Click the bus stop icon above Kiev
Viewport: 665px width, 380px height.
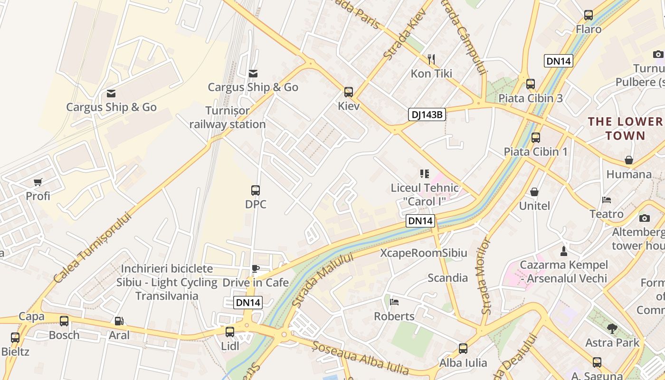(349, 92)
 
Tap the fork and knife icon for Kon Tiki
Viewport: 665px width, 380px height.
(431, 59)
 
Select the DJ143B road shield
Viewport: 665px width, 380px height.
(427, 114)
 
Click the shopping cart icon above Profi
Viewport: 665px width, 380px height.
(38, 182)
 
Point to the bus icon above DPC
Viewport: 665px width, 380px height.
(256, 190)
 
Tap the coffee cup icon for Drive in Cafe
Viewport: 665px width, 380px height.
(256, 269)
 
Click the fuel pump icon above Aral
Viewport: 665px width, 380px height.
(119, 322)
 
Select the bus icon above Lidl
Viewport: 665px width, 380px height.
(230, 332)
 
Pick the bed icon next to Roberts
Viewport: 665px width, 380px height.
(394, 302)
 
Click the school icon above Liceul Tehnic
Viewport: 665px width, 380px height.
(425, 174)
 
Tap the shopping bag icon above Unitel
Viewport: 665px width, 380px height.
(534, 192)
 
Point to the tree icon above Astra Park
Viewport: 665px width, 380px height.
(612, 328)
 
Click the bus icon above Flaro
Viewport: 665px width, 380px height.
(589, 15)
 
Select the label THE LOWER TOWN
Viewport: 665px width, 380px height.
(626, 129)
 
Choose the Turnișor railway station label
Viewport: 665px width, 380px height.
(228, 117)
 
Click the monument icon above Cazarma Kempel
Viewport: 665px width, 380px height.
(564, 251)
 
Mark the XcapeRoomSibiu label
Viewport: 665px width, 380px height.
(424, 253)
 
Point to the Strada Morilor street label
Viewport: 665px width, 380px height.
(484, 276)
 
